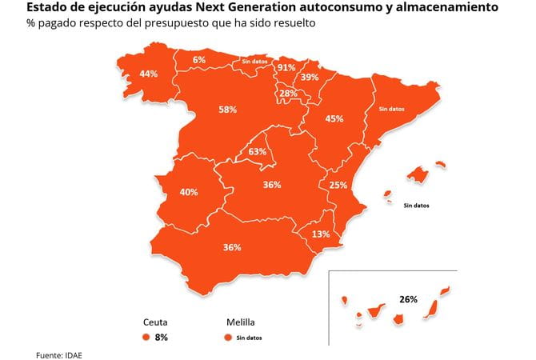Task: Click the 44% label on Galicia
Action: click(148, 74)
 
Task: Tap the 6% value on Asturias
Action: click(199, 60)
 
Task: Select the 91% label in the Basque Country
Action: click(286, 68)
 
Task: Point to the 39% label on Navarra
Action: click(310, 78)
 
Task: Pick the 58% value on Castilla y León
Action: click(227, 110)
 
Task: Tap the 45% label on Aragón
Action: click(334, 119)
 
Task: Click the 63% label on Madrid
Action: click(258, 151)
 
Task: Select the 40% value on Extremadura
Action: click(189, 193)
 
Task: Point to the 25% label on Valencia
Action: click(338, 186)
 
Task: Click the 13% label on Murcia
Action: click(321, 234)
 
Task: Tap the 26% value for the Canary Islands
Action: click(408, 299)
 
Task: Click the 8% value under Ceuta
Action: click(162, 338)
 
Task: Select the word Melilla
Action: click(241, 322)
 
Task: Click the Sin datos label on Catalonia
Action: click(391, 108)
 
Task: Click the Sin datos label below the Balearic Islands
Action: click(416, 205)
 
